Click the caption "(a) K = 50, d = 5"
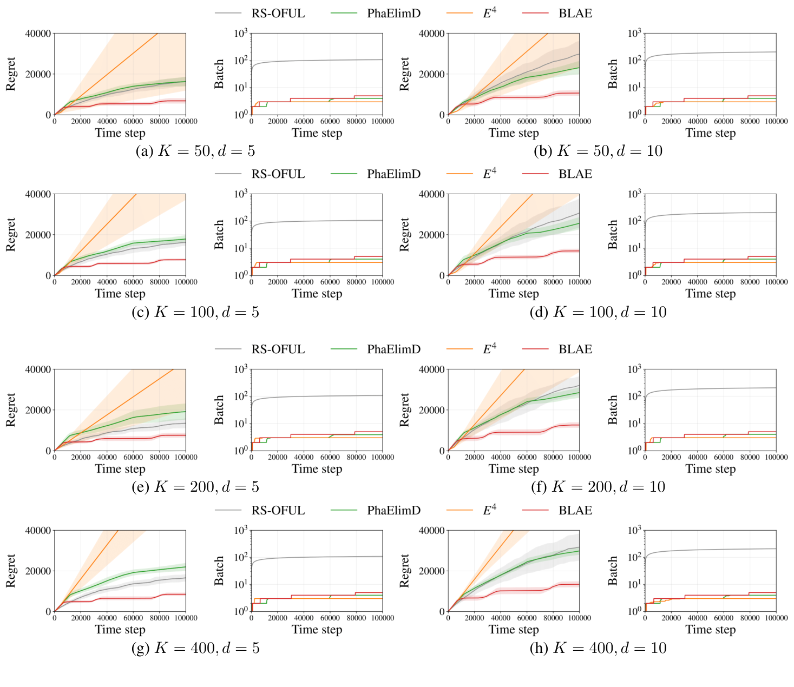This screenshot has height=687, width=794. [x=195, y=151]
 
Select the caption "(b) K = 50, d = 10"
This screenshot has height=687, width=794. [x=598, y=151]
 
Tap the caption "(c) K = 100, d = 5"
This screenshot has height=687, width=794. [x=195, y=312]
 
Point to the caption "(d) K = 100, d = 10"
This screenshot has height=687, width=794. [x=598, y=312]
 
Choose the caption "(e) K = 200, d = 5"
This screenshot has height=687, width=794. [x=195, y=487]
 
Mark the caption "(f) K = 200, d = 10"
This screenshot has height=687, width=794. [x=598, y=487]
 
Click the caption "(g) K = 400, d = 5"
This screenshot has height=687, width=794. [x=195, y=648]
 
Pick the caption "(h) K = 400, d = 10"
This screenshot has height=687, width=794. [x=598, y=648]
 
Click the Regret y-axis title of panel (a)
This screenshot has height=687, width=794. [x=11, y=74]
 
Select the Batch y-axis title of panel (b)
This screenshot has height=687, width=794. [x=613, y=74]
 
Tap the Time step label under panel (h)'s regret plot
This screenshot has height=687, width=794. [x=514, y=630]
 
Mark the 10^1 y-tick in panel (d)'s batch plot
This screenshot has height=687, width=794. [x=635, y=248]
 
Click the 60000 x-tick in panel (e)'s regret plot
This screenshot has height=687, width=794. [x=133, y=458]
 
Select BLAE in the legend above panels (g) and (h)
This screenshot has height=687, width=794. [x=575, y=511]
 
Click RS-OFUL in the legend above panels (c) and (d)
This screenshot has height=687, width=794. [x=278, y=174]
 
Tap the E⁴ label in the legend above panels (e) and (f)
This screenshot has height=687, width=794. [x=489, y=349]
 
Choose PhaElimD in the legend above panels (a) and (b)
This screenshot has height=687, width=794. [x=393, y=14]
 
